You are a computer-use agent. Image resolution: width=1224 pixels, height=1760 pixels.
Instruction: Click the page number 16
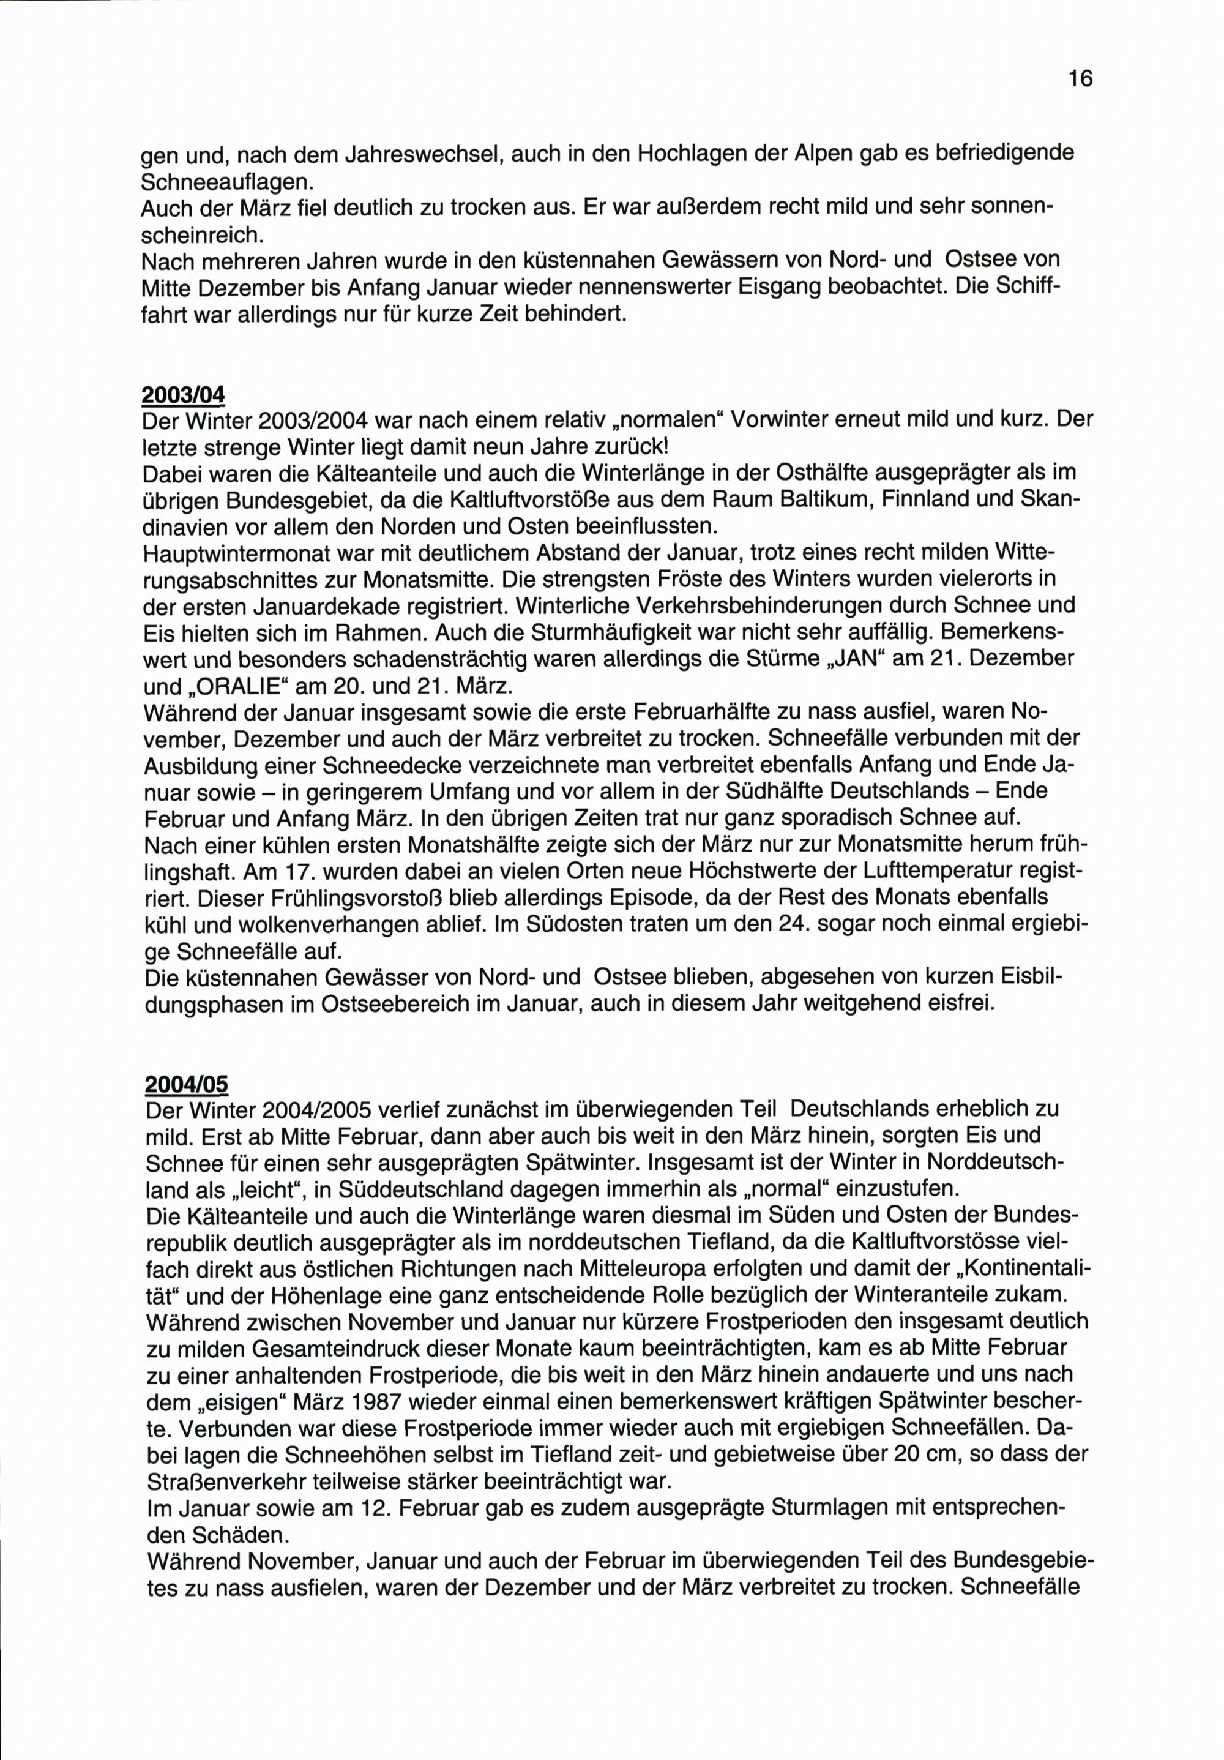click(1080, 78)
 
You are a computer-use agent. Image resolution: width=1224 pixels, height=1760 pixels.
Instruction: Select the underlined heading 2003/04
click(184, 395)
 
